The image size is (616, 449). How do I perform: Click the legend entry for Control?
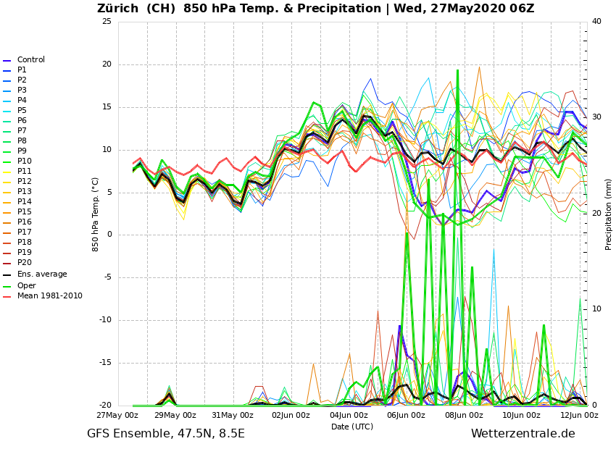[x=30, y=60]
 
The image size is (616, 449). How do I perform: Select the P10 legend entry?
[x=24, y=161]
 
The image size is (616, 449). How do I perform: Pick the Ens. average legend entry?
[x=42, y=274]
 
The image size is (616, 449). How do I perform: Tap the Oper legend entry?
[x=26, y=285]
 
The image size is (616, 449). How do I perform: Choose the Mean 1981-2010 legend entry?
[x=49, y=296]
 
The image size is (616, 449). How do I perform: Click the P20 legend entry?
[x=24, y=263]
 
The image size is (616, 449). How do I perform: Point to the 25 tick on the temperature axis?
[x=107, y=21]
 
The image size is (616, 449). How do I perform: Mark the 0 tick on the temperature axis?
[x=109, y=235]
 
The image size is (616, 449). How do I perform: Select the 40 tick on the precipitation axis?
[x=596, y=21]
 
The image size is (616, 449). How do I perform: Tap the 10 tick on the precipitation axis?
[x=596, y=309]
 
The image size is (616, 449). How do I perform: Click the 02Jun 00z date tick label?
[x=291, y=415]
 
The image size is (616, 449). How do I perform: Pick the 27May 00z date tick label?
[x=117, y=415]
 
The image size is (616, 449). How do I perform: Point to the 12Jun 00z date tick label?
[x=579, y=415]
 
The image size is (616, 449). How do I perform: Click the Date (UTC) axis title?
[x=352, y=427]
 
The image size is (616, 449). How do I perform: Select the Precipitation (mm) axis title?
[x=609, y=204]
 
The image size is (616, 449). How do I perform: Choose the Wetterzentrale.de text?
[x=523, y=434]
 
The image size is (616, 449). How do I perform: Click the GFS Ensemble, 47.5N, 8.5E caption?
[x=166, y=434]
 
